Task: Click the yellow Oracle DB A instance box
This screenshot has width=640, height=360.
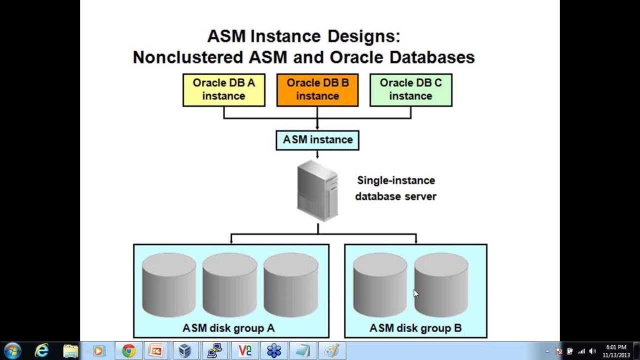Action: point(224,90)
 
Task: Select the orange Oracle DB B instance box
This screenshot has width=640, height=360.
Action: point(317,90)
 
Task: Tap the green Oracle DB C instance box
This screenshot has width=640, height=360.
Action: point(411,90)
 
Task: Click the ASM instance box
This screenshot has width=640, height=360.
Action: point(317,140)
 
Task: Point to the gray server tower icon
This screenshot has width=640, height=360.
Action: point(317,190)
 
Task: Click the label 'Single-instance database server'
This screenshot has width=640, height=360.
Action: point(395,188)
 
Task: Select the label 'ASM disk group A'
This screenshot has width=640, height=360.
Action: point(228,327)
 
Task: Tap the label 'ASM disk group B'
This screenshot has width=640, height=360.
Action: point(415,327)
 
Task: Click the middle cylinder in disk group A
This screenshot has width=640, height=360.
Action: point(229,285)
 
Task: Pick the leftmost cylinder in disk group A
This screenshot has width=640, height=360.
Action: point(169,285)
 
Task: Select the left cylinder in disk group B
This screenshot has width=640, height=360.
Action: point(380,285)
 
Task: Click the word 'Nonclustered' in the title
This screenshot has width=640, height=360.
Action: point(188,57)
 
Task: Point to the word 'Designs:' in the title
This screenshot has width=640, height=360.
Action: point(363,36)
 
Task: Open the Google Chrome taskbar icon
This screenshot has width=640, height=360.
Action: point(128,350)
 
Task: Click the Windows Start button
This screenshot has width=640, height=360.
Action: point(12,350)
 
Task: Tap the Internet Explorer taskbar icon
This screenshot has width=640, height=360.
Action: point(41,350)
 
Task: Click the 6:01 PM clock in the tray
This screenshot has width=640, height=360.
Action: point(616,347)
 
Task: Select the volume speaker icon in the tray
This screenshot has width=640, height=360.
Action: point(592,351)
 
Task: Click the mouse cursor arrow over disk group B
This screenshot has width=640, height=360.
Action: point(416,293)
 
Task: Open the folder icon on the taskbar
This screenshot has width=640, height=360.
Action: point(70,351)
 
